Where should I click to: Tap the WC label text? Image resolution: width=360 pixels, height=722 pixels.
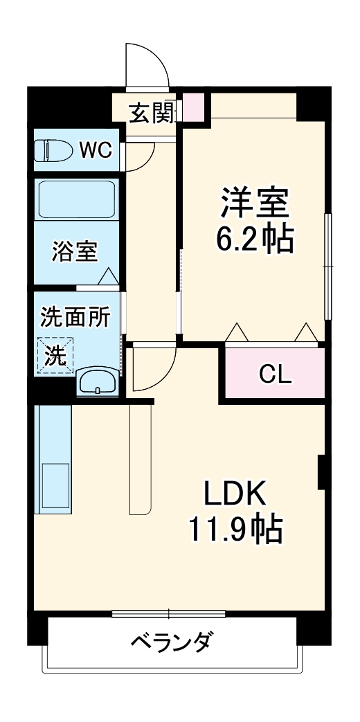94,150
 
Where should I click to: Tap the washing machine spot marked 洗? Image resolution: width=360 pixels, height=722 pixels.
56,355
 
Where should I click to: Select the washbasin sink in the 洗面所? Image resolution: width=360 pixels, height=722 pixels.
97,381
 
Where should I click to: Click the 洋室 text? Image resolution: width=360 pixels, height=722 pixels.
254,204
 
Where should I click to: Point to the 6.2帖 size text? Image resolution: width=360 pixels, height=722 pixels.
254,240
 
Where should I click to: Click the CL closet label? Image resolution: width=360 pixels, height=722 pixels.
275,374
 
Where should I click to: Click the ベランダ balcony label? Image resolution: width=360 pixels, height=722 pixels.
171,642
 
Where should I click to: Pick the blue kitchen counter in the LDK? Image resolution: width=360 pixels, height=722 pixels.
53,459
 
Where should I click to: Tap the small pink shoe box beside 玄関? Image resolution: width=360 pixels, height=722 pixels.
195,107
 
